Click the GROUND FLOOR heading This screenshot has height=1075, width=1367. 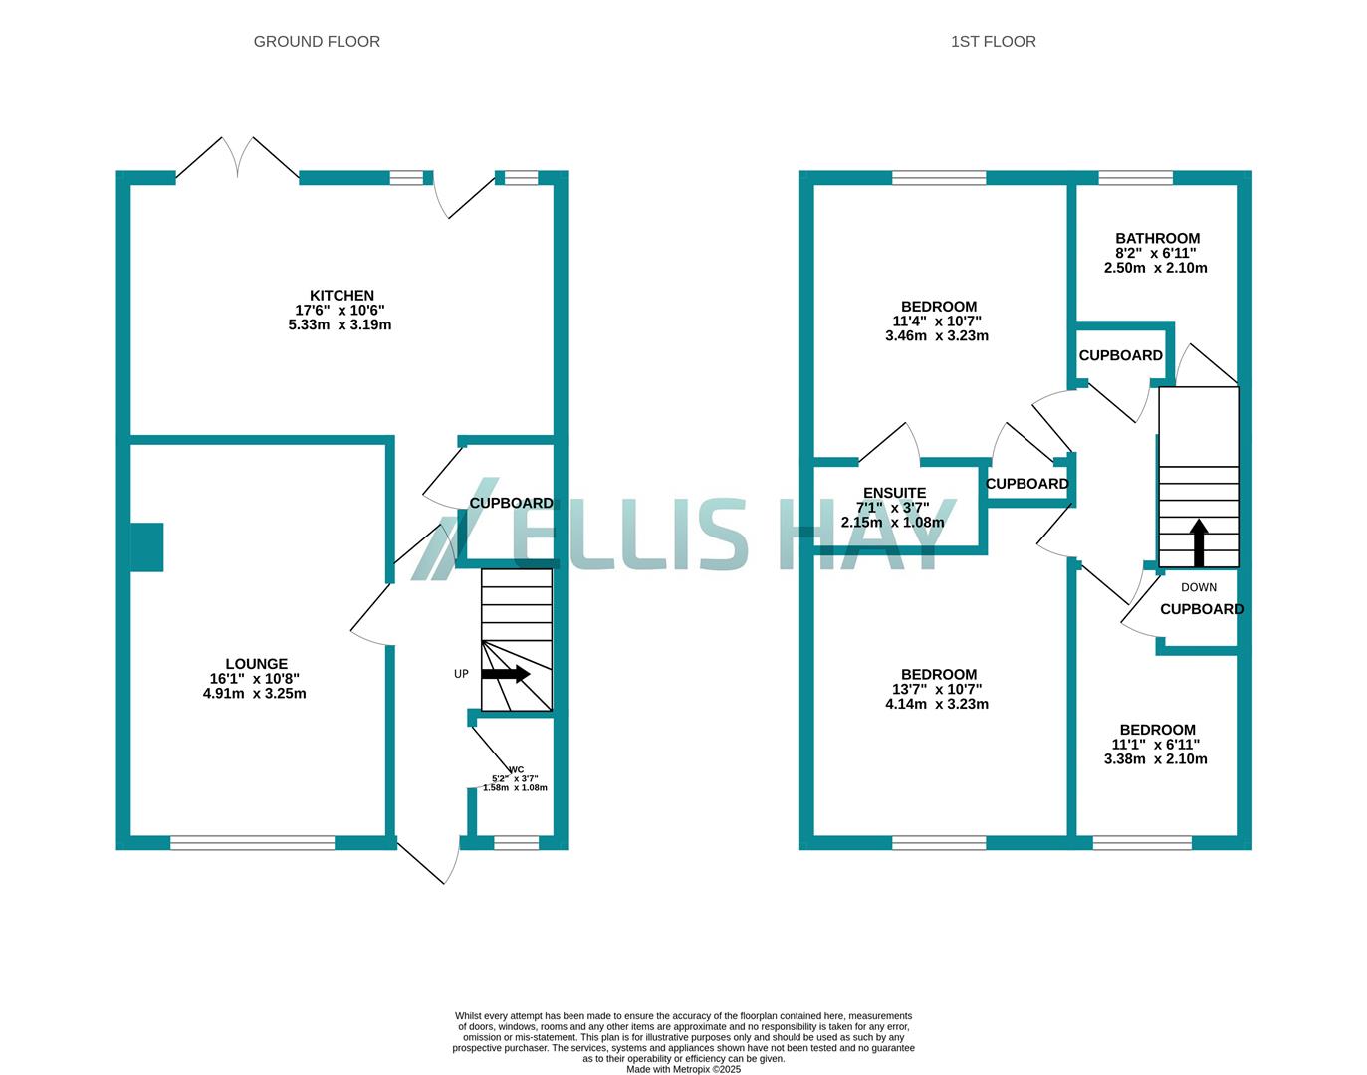point(317,41)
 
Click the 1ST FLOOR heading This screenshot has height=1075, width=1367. point(993,41)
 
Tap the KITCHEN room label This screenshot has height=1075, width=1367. point(342,296)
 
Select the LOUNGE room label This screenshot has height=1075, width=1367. point(256,664)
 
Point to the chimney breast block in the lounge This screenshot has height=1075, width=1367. point(147,546)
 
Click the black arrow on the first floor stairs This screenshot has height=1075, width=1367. point(1199,542)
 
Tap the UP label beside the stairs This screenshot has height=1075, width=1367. point(461,674)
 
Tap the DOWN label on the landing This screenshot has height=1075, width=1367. point(1199,587)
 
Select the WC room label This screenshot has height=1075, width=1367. point(516,769)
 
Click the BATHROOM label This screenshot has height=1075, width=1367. point(1157,239)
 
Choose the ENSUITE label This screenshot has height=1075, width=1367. point(894,493)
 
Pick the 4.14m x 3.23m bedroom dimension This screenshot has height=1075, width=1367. point(937,704)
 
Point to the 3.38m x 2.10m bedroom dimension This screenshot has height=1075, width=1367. point(1156,758)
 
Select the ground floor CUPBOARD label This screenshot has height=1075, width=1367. point(512,503)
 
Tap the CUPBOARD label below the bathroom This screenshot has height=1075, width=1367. point(1120,355)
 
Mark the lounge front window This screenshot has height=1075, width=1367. point(252,843)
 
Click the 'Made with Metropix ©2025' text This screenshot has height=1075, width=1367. point(683,1069)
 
